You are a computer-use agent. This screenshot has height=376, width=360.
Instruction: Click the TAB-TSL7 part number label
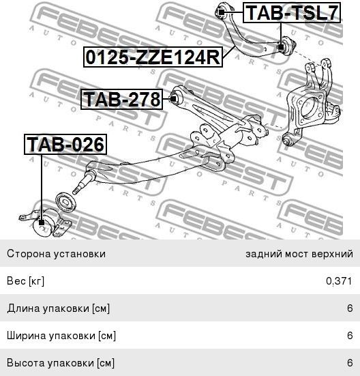(x=292, y=13)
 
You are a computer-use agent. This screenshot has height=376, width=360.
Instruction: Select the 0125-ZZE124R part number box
(x=153, y=57)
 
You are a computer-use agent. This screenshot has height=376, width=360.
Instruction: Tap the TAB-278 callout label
(x=121, y=99)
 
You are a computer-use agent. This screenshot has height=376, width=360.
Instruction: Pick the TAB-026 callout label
(x=65, y=145)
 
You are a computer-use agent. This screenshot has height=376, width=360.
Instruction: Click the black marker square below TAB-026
(x=42, y=222)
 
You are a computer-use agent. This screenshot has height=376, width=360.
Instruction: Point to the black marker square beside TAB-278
(x=172, y=98)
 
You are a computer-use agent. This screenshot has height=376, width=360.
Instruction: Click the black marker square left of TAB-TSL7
(x=222, y=12)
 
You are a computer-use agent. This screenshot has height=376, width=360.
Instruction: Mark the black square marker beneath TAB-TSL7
(x=281, y=47)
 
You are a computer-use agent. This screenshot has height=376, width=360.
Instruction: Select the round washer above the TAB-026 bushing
(x=66, y=202)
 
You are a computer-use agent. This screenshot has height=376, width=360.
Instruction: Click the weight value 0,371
(x=339, y=280)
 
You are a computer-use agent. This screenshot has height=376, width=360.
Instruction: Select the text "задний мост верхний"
(x=299, y=254)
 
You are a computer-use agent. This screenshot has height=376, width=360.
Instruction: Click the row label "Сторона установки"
(x=57, y=254)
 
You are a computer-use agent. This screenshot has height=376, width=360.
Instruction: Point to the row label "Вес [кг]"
(x=26, y=280)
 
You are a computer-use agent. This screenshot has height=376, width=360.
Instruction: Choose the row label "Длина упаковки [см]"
(x=59, y=308)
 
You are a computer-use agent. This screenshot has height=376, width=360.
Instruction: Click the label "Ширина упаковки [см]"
(x=61, y=336)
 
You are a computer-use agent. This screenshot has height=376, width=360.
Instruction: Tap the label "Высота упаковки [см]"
(x=61, y=363)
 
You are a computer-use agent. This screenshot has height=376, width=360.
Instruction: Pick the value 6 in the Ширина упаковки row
(x=350, y=336)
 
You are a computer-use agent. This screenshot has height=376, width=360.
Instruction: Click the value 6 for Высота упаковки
(x=350, y=363)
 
